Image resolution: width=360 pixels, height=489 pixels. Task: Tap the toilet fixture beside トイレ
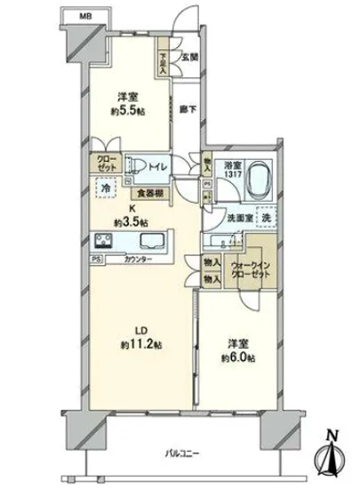tap(136, 164)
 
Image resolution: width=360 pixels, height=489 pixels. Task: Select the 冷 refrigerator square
tap(105, 188)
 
